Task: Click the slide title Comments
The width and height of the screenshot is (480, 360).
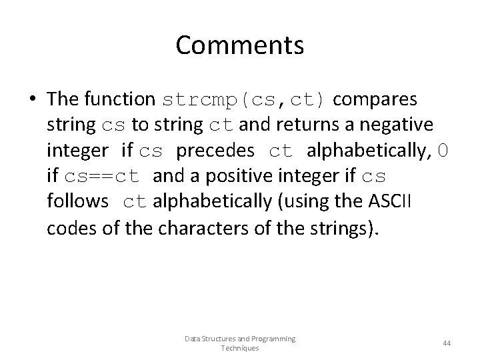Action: [240, 45]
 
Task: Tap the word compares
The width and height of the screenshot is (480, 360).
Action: [375, 99]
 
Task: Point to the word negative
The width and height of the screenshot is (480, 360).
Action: [398, 125]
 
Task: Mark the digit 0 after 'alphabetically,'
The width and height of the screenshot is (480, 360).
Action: [443, 151]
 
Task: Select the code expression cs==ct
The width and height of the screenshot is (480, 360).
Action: [102, 177]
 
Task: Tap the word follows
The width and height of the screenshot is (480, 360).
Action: [78, 203]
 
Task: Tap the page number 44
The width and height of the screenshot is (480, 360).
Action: [447, 343]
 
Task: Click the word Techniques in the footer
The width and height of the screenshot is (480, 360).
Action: [239, 348]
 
